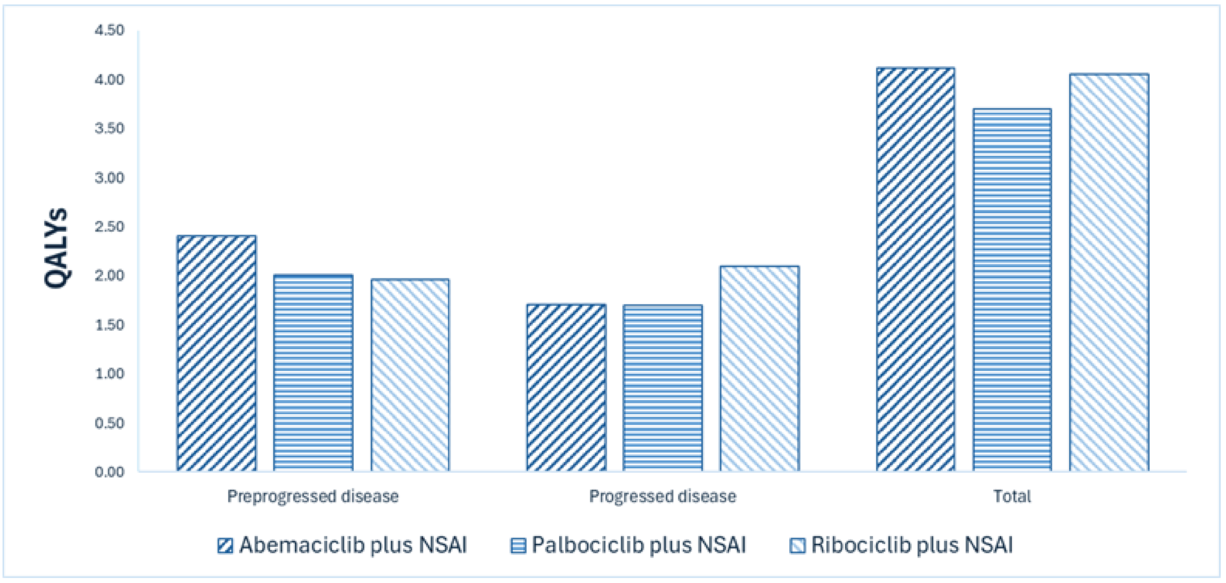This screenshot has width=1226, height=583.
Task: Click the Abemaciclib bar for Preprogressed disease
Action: pyautogui.click(x=217, y=353)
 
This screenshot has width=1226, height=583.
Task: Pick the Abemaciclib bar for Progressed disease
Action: pyautogui.click(x=566, y=388)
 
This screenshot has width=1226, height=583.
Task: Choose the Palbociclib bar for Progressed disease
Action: pyautogui.click(x=662, y=388)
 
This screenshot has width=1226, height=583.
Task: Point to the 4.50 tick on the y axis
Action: pyautogui.click(x=109, y=30)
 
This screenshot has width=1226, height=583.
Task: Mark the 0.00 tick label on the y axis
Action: pyautogui.click(x=109, y=472)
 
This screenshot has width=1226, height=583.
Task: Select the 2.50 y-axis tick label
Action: pyautogui.click(x=109, y=227)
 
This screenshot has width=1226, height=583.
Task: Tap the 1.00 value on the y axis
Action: pyautogui.click(x=109, y=374)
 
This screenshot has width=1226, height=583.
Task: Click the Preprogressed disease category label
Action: pyautogui.click(x=313, y=496)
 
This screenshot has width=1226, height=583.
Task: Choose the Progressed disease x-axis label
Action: pyautogui.click(x=662, y=496)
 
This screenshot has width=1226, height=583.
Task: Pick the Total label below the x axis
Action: pyautogui.click(x=1012, y=496)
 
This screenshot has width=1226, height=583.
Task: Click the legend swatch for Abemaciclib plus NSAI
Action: pyautogui.click(x=225, y=545)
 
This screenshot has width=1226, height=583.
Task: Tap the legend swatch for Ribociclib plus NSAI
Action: pyautogui.click(x=797, y=545)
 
